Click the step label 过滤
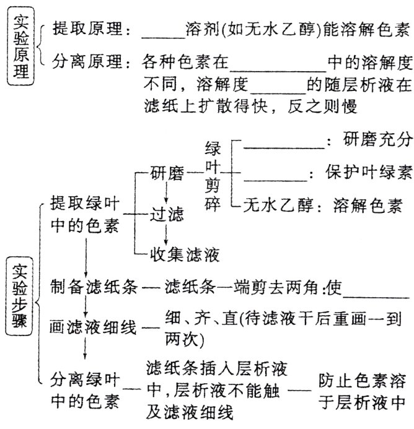tap(167, 214)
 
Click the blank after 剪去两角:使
tap(374, 292)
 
